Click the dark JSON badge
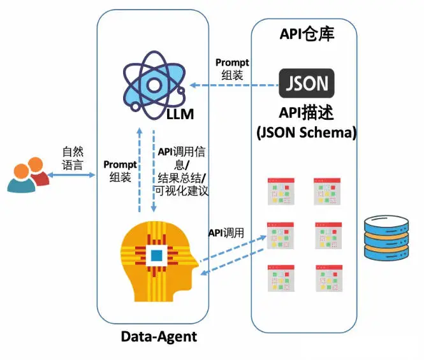click(x=307, y=83)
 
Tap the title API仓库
click(x=307, y=34)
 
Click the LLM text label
click(x=180, y=114)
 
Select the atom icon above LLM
click(x=154, y=85)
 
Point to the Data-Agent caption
click(x=159, y=337)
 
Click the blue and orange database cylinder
click(x=386, y=238)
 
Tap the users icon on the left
click(x=29, y=175)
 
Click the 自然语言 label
click(x=73, y=159)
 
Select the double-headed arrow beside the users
click(x=71, y=175)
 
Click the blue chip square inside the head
click(x=157, y=256)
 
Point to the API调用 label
click(x=226, y=233)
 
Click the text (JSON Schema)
click(x=307, y=133)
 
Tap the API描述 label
click(x=307, y=112)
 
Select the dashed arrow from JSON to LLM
click(x=234, y=85)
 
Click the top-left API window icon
click(x=281, y=191)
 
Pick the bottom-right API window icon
click(x=329, y=278)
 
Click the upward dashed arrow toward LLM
click(x=140, y=169)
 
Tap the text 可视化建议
click(x=182, y=191)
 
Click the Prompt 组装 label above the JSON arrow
click(x=232, y=69)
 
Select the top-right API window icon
click(x=327, y=191)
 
